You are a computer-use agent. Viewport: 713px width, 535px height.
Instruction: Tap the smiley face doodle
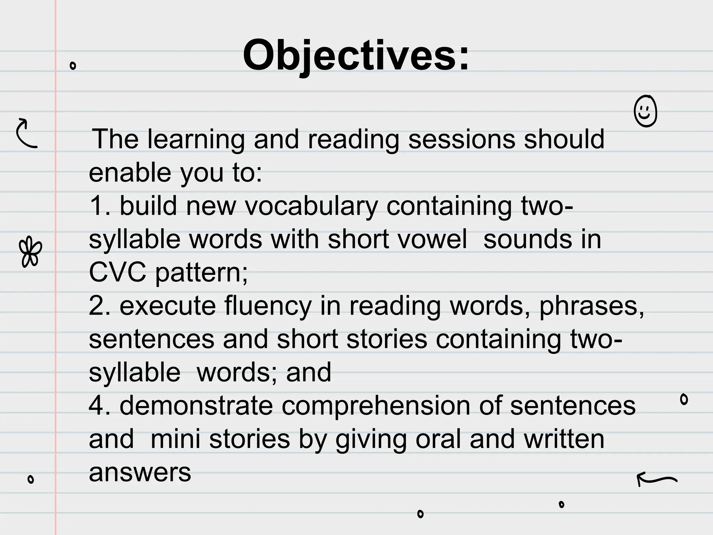tap(645, 111)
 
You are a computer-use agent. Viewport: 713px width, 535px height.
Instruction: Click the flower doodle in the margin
tap(31, 252)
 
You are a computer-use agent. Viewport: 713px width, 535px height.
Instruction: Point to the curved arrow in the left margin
tap(26, 133)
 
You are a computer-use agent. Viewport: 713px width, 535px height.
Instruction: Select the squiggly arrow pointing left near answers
tap(657, 479)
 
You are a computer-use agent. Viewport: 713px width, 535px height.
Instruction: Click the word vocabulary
tap(311, 207)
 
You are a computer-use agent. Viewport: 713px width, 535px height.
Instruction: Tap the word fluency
tap(268, 306)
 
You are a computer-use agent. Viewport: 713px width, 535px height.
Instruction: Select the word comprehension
tap(376, 406)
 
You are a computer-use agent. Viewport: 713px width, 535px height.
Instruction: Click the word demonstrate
tap(196, 406)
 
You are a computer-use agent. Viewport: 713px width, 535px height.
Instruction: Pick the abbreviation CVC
tap(117, 273)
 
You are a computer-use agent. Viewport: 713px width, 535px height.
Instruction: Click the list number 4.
tap(96, 406)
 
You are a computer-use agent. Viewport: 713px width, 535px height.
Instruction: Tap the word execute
tap(168, 306)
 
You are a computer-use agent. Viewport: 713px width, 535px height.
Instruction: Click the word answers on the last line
tap(140, 473)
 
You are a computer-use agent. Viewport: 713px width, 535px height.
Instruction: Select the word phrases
tap(591, 306)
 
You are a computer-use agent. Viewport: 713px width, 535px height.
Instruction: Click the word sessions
tap(462, 139)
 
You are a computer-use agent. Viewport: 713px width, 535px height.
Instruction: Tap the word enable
tap(130, 173)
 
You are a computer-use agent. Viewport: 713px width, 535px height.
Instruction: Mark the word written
tap(564, 440)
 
